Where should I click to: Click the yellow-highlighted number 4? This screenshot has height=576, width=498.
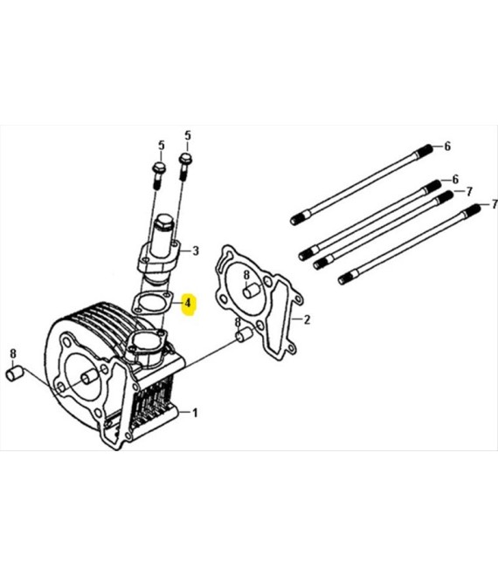point(188,303)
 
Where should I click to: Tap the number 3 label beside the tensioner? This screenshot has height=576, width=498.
point(196,250)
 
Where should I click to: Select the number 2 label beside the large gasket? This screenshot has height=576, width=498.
point(307,319)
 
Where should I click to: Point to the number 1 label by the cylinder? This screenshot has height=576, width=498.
point(195,413)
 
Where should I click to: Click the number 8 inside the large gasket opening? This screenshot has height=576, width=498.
point(246,275)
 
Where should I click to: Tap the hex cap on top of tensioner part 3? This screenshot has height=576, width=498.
point(164,223)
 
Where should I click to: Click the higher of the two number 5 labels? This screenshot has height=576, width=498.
point(188,135)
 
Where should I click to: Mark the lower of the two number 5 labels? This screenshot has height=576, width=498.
point(162,146)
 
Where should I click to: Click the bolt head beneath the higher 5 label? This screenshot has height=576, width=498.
point(185,160)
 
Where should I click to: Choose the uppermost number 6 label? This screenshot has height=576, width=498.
point(447,147)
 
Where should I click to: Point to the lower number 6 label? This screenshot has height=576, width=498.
point(455,179)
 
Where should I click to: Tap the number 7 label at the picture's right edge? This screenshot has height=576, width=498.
point(495,204)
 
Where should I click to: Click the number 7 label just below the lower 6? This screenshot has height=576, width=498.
point(469,191)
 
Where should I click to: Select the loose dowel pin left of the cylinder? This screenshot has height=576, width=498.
point(15,374)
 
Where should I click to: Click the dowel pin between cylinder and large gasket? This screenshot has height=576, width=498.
point(243,335)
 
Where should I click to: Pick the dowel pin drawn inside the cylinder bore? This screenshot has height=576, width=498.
point(89,377)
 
